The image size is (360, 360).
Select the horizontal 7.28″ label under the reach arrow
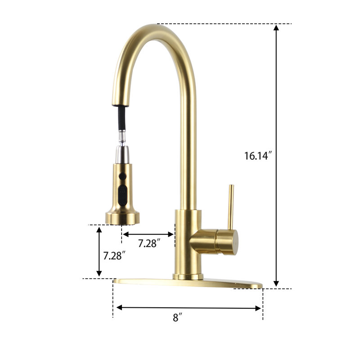pos(149,243)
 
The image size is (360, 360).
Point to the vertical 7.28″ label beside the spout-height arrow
pos(114,256)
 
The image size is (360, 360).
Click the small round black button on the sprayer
pos(122,176)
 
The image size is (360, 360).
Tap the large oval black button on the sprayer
pos(122,196)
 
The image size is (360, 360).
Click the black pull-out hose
pos(122,118)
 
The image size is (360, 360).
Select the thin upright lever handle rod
pos(230,207)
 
